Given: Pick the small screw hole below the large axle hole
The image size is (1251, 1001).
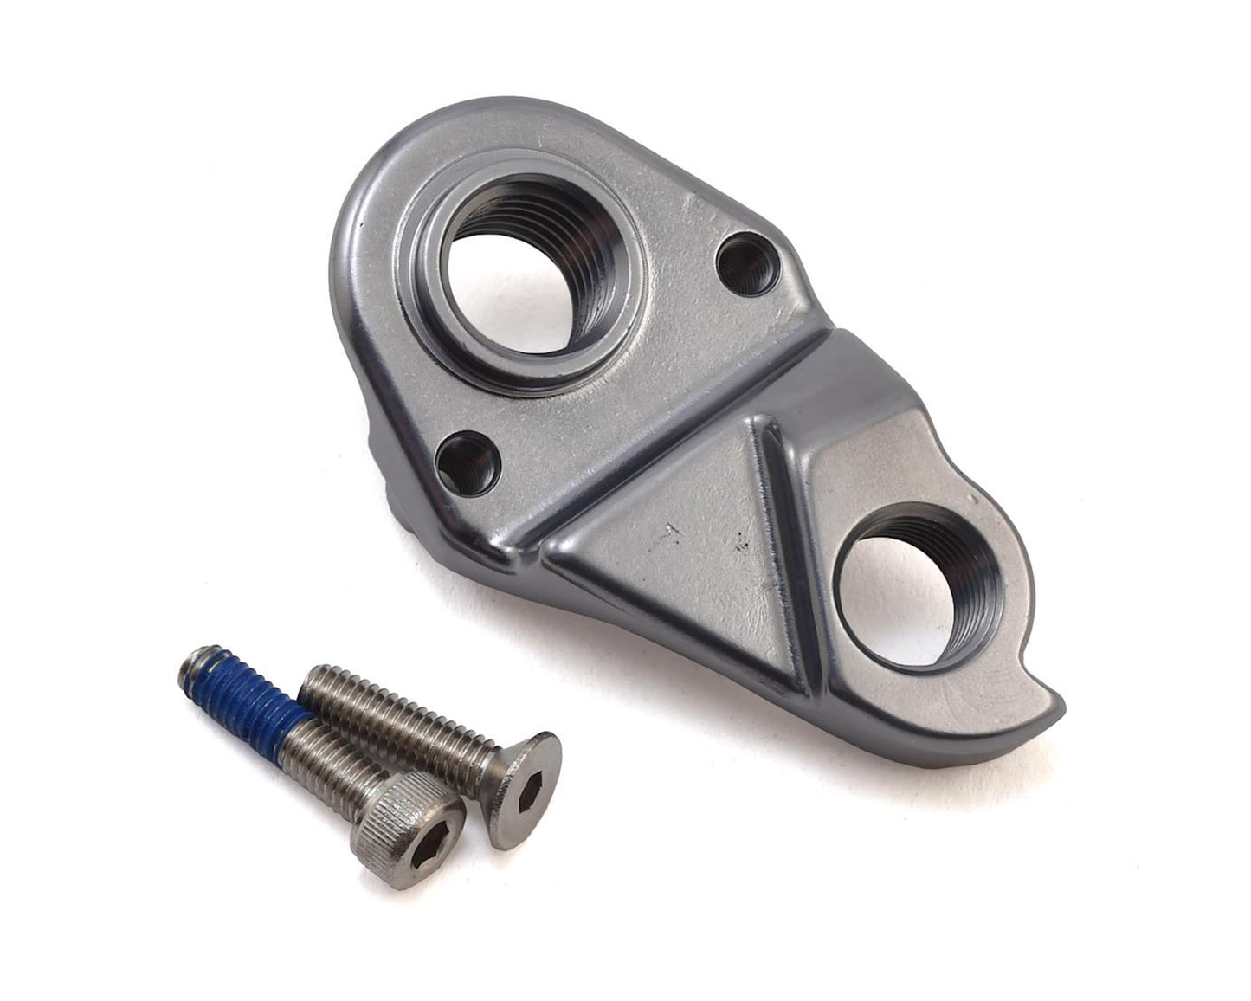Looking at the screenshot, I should point(468,460).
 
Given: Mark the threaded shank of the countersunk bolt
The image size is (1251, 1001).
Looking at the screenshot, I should point(398,719).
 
